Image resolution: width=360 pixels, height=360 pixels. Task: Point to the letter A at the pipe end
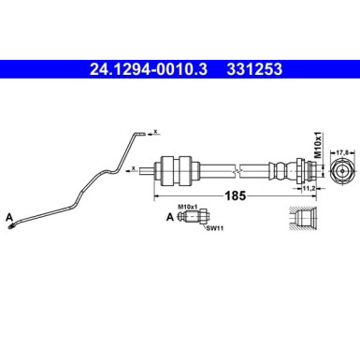9,217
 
